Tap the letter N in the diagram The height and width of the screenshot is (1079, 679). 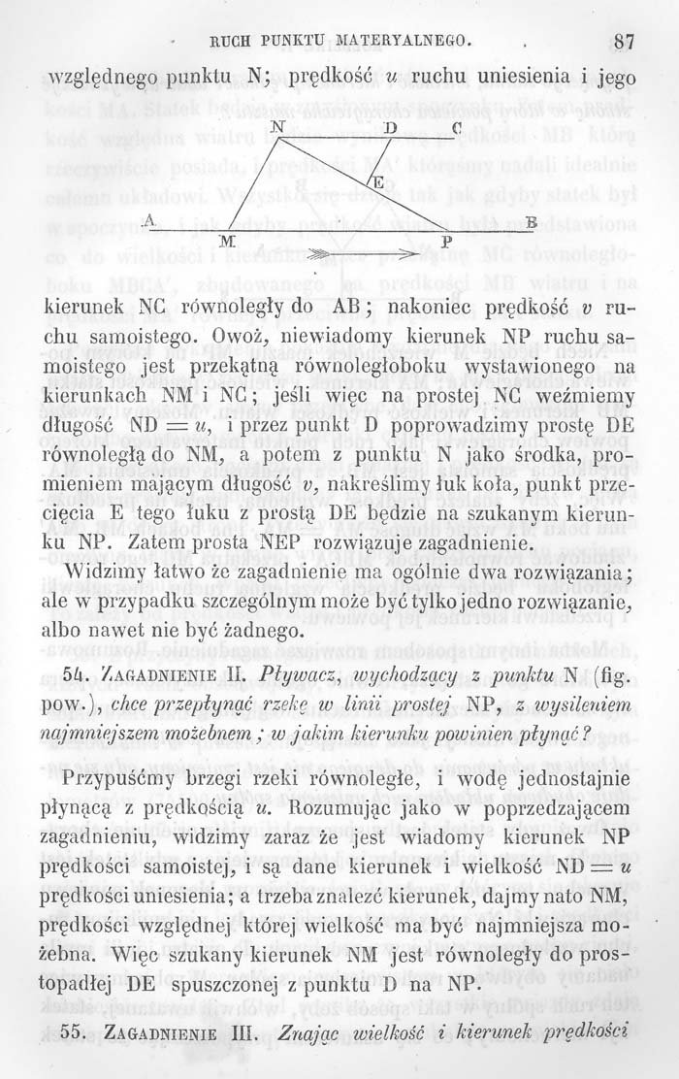(x=278, y=129)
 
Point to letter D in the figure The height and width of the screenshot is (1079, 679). (x=390, y=129)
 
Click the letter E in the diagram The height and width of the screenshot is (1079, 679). (x=379, y=183)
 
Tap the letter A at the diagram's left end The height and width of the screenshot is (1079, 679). (x=147, y=220)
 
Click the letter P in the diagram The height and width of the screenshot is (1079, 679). (x=446, y=240)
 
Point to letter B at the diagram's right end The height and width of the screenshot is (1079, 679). (x=531, y=221)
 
